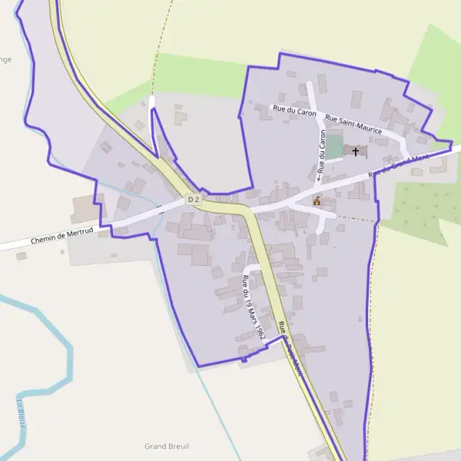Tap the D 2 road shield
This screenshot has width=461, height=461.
pos(194,200)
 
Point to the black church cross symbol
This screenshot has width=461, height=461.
pos(355,151)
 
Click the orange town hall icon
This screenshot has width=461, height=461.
pos(317,201)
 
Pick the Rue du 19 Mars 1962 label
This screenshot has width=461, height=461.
pos(254,307)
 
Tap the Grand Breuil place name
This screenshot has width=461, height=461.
pos(167,446)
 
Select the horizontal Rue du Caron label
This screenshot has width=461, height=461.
pos(294,111)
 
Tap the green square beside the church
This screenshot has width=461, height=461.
pos(334,146)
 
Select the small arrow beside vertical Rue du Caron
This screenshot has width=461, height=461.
pos(318,177)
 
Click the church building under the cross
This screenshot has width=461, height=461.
pos(355,151)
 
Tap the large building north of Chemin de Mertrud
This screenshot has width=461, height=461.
pos(85,208)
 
